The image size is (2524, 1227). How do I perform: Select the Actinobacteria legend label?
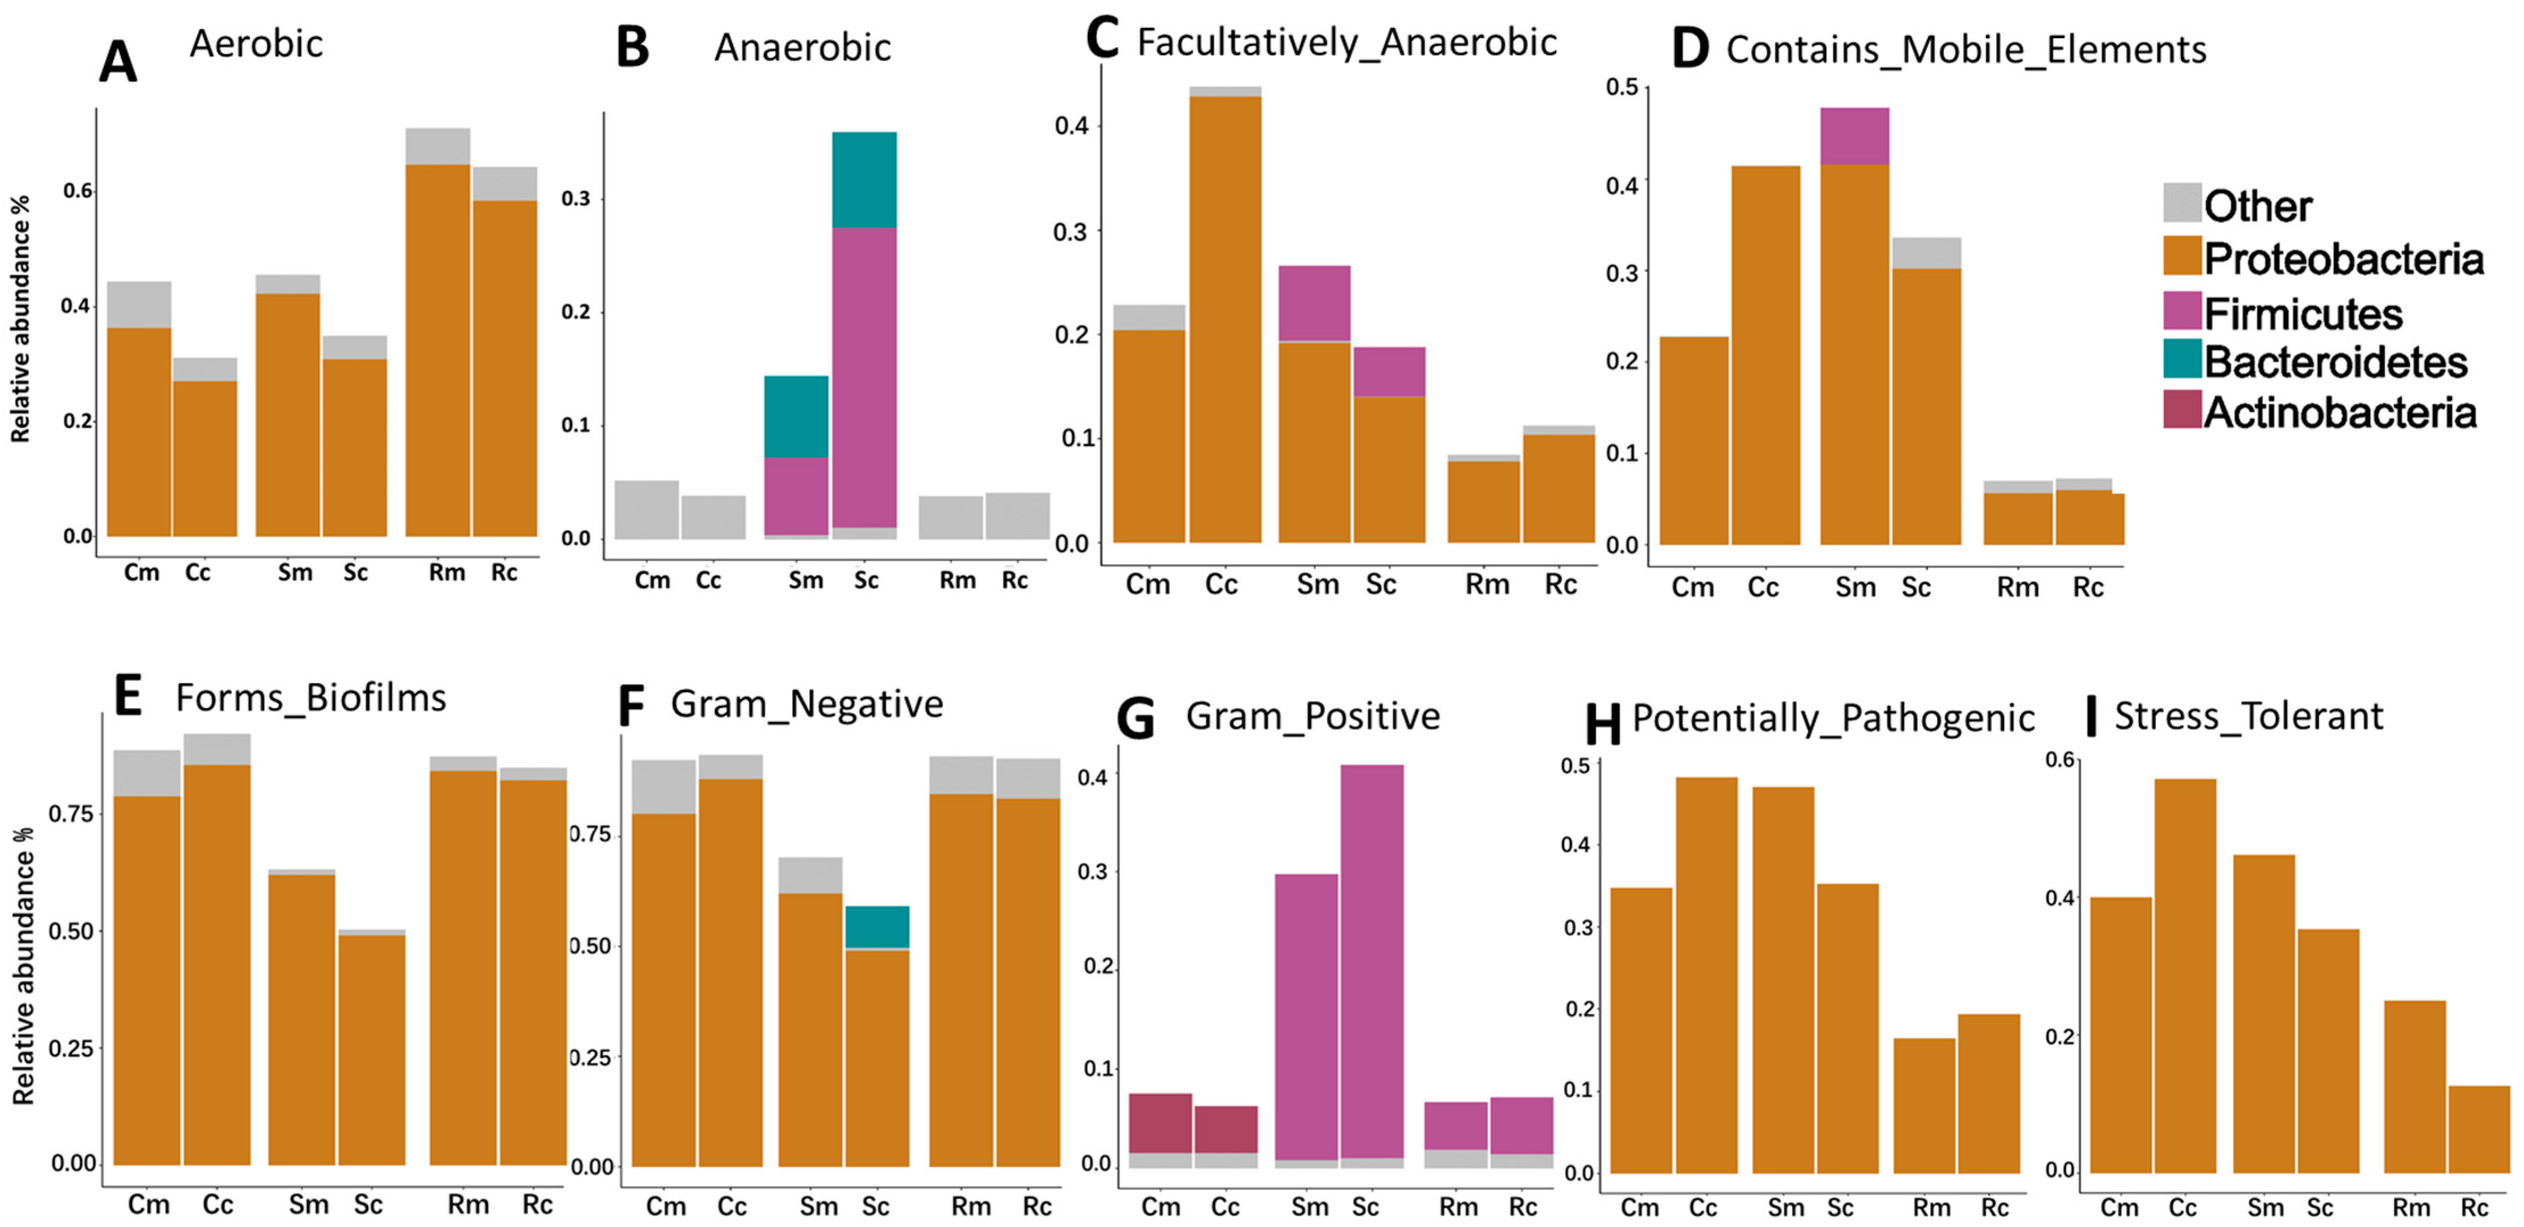(x=2340, y=413)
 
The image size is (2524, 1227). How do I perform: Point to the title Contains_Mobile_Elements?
(x=1966, y=49)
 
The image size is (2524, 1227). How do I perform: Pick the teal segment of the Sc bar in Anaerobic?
(x=864, y=180)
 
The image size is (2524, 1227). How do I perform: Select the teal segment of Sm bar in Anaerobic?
(x=796, y=417)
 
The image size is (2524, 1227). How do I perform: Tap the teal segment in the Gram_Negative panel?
(x=877, y=927)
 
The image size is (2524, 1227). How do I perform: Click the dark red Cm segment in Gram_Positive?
(x=1160, y=1123)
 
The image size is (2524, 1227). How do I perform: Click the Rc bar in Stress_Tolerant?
(x=2478, y=1129)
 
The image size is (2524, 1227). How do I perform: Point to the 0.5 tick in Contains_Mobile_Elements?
(x=1621, y=87)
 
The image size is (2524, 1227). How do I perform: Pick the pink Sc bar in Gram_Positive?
(x=1371, y=960)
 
